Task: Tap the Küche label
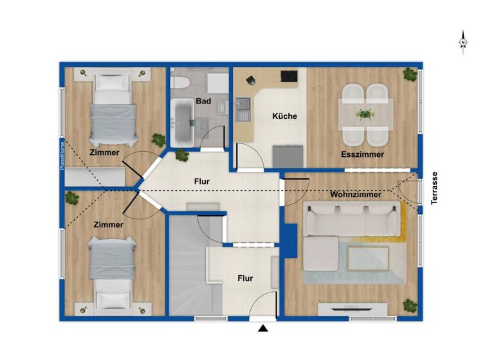coord(284,116)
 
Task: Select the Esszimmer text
coord(363,154)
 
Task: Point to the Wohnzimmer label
coord(356,194)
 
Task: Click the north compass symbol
coord(462,42)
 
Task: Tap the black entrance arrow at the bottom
coord(262,329)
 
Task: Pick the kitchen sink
coord(243,110)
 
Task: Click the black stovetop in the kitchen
coord(289,76)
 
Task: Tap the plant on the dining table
coord(365,114)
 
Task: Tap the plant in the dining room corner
coord(408,75)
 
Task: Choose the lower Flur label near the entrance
coord(245,278)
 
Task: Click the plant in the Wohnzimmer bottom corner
coord(408,304)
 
